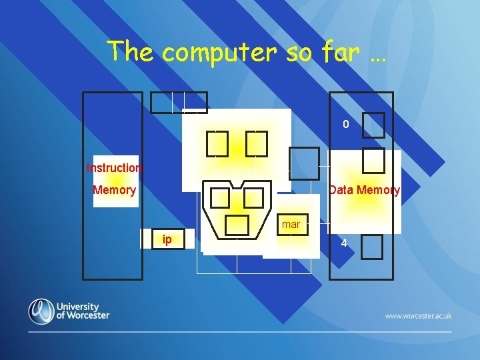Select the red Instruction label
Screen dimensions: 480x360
click(x=114, y=168)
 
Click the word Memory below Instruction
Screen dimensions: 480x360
click(x=114, y=190)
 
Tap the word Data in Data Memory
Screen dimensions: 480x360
click(x=342, y=190)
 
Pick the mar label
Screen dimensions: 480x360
click(x=291, y=225)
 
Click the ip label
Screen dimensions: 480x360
click(x=167, y=239)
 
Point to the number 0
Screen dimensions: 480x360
click(x=345, y=124)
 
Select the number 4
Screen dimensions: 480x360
click(x=344, y=243)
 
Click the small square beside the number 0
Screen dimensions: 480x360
click(x=373, y=125)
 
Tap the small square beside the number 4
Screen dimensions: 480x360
click(x=372, y=247)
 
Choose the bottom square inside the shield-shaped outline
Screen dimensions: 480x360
click(x=237, y=225)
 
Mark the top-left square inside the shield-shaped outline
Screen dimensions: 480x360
click(x=220, y=198)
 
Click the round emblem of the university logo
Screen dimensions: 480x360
click(x=41, y=311)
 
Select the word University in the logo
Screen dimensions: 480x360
click(x=83, y=305)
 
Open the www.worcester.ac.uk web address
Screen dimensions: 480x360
click(x=418, y=315)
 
